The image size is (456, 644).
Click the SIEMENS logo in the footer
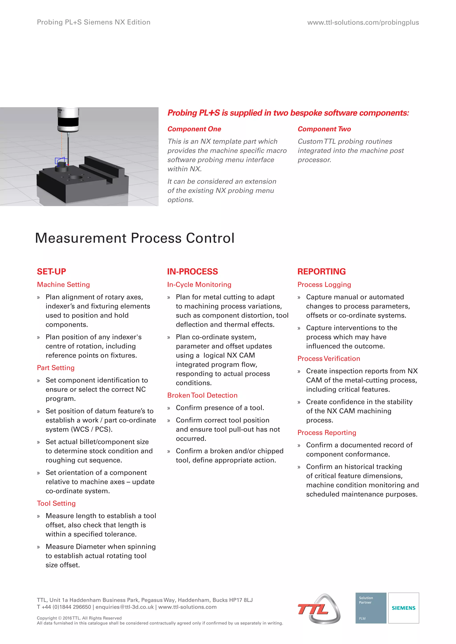tap(403, 608)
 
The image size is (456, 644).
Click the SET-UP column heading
tap(51, 272)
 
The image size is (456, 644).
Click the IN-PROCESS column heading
tap(192, 272)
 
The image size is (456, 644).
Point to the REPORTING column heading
tap(322, 272)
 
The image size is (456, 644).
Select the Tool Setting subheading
tap(56, 503)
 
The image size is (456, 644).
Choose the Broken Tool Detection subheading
tap(202, 395)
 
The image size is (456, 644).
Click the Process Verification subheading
tap(328, 358)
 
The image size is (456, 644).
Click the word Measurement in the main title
tap(81, 238)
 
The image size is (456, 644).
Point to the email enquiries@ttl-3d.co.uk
tap(124, 607)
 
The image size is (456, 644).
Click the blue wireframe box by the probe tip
tap(59, 161)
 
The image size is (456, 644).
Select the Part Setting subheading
tap(56, 368)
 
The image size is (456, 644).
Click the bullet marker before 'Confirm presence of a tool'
tap(169, 408)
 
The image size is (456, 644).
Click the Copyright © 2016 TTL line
tap(79, 618)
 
